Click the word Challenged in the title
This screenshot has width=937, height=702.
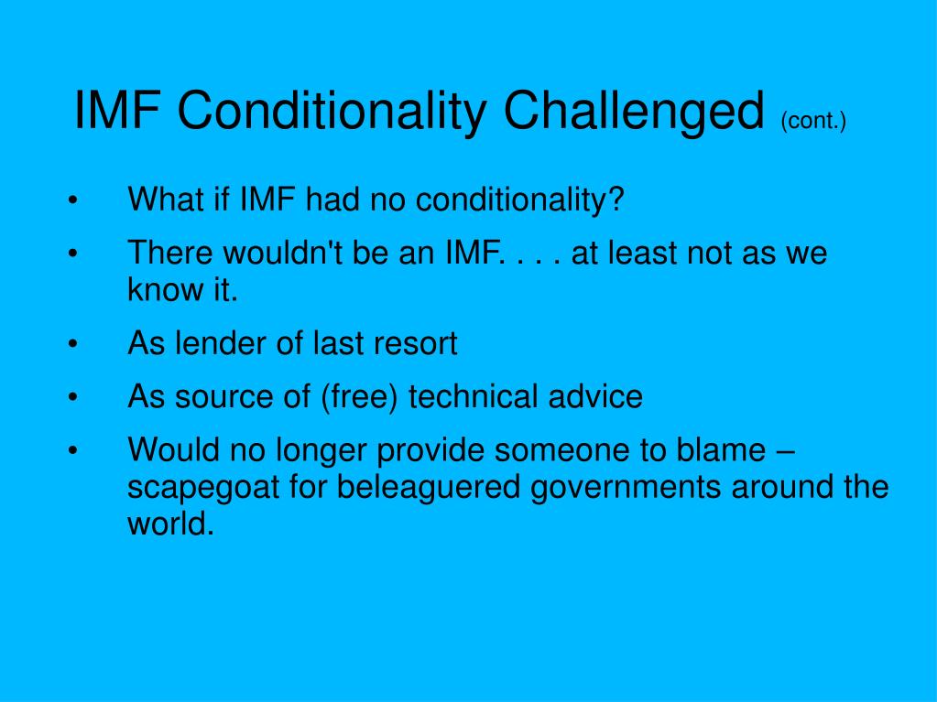pyautogui.click(x=635, y=113)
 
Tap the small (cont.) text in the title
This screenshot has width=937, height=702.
pyautogui.click(x=813, y=120)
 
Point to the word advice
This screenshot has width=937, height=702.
pyautogui.click(x=595, y=396)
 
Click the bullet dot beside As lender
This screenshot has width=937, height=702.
pyautogui.click(x=71, y=344)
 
